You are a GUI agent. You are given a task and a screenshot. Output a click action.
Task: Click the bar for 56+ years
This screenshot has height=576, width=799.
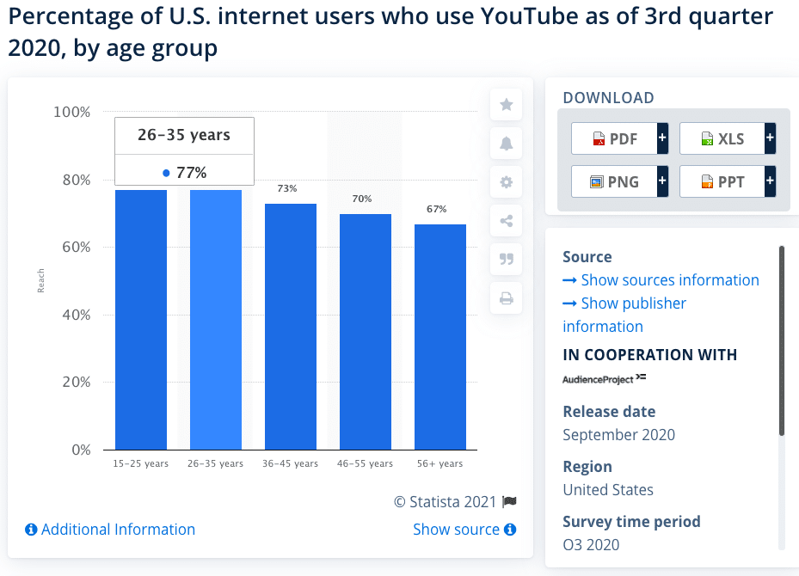[x=439, y=336]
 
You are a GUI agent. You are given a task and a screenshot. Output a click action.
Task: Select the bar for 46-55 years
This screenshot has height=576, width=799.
[x=365, y=331]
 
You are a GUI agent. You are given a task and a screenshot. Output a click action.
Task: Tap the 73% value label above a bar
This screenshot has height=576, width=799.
[x=287, y=188]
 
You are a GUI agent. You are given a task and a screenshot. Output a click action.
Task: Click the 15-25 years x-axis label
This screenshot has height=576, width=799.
[x=141, y=464]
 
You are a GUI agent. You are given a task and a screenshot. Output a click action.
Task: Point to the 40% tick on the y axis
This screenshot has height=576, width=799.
[x=73, y=315]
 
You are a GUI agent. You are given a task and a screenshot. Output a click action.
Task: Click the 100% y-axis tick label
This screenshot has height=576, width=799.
[x=71, y=112]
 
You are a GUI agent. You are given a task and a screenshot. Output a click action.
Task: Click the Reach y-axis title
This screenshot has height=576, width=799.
[x=41, y=281]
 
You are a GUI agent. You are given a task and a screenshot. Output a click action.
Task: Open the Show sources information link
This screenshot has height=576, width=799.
[x=661, y=280]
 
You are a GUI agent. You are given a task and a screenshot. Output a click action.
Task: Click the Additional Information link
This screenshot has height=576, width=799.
[x=110, y=530]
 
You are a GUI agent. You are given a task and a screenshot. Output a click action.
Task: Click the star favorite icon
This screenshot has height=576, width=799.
[x=507, y=105]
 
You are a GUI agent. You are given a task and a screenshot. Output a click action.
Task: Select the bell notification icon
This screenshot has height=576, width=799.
[x=507, y=144]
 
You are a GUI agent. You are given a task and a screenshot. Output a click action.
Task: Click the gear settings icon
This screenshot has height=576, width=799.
[x=507, y=182]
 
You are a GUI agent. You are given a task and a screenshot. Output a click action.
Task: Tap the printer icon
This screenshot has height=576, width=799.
[x=507, y=298]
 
